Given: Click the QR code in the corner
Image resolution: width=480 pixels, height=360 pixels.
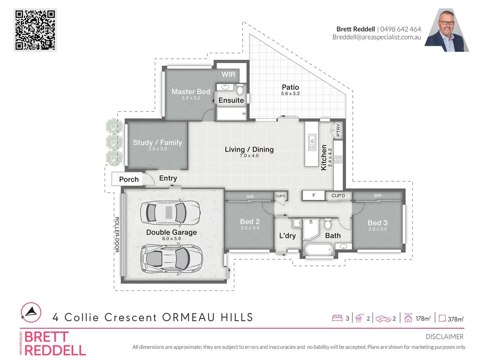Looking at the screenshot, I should point(35,30).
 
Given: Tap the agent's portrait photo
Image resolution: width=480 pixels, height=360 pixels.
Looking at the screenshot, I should point(447,31).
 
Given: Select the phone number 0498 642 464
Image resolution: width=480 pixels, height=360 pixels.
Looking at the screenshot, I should point(400,29).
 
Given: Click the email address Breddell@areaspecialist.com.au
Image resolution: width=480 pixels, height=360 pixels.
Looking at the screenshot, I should point(377,37).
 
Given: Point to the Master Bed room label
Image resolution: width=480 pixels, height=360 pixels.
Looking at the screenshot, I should point(191,92).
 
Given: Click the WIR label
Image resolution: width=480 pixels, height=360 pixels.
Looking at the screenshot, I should point(228,75).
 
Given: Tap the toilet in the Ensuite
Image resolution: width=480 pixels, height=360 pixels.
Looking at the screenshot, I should point(240,90).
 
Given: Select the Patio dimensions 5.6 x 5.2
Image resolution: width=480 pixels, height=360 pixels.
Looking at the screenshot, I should point(290,94).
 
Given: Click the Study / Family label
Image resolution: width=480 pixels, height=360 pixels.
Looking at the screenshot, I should point(157,143).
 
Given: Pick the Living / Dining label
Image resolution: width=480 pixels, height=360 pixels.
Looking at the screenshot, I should point(249,150).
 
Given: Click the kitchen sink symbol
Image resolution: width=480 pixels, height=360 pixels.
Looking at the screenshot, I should point(312,142).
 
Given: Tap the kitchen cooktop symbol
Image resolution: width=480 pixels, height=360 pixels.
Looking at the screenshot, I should point(338,159).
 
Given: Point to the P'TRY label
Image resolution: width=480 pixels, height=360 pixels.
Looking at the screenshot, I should point(338,130).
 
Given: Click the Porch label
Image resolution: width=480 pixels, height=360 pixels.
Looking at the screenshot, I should point(129,180).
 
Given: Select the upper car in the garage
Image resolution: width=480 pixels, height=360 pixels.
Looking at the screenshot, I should point(170,212).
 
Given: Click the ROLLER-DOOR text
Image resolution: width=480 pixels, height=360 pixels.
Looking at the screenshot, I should point(117,234).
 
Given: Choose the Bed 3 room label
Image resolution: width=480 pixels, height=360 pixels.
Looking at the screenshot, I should point(377,223).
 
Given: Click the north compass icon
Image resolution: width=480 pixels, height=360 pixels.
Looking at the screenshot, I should point(31,312).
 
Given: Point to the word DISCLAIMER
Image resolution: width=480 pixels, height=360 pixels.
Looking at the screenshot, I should point(444,337).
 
